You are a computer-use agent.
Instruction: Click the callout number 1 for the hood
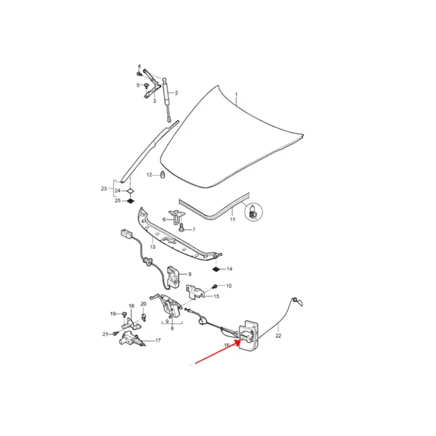tap(236, 95)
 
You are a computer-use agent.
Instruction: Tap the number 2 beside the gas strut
tap(176, 93)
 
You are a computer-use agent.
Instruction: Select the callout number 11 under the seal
tap(232, 219)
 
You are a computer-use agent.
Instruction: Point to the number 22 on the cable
tap(278, 336)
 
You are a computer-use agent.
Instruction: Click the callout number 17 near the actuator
tap(158, 341)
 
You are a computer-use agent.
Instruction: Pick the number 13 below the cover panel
tap(153, 247)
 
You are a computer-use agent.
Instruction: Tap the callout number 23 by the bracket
tap(104, 188)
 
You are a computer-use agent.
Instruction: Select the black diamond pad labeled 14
tap(216, 269)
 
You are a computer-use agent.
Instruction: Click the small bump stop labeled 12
tap(163, 175)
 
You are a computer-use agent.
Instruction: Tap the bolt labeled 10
tap(215, 286)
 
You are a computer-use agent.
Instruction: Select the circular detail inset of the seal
tap(253, 212)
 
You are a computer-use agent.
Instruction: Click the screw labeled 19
tap(124, 314)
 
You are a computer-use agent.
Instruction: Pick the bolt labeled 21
tap(116, 334)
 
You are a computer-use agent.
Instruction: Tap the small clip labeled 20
tap(144, 317)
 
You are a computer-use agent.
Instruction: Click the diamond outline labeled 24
tap(130, 191)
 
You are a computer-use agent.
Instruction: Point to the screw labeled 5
tap(147, 85)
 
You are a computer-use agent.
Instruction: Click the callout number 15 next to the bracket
tap(216, 296)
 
